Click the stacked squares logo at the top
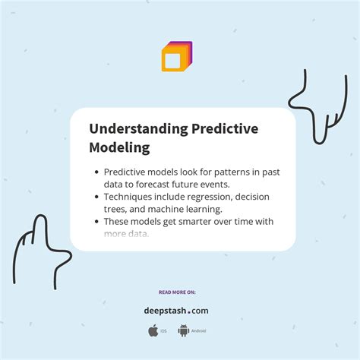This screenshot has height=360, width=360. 177,56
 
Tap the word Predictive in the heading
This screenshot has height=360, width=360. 220,129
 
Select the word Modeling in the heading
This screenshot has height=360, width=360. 119,147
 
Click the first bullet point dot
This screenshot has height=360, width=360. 96,172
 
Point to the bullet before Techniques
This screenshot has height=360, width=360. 96,197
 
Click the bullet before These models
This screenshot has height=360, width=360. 96,222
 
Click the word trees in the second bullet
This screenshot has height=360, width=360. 115,209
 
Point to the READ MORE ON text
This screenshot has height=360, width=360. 176,292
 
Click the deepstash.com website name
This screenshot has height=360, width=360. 176,310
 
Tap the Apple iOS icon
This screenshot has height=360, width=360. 153,330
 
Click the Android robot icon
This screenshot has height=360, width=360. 183,330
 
